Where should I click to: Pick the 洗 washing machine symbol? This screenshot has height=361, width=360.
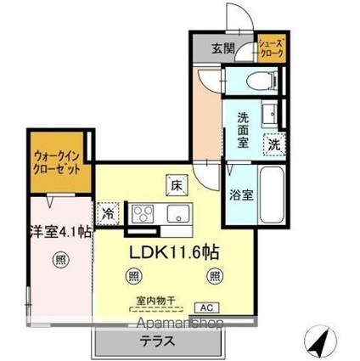[x=273, y=144]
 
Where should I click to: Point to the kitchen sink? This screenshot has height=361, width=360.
[x=176, y=211]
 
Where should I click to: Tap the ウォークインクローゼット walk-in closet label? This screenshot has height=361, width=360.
[x=58, y=161]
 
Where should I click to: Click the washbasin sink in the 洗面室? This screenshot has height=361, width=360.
[x=269, y=113]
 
